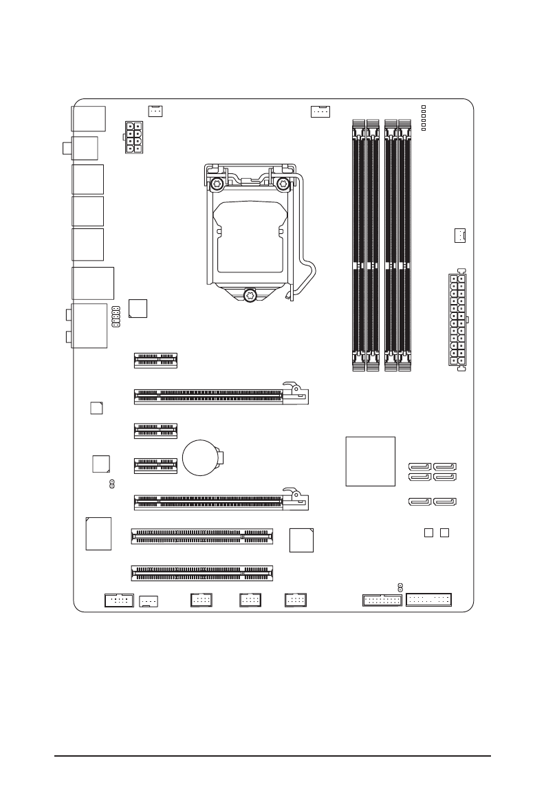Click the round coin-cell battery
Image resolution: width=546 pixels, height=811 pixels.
(x=201, y=457)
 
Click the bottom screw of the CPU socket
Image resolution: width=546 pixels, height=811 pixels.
(x=250, y=295)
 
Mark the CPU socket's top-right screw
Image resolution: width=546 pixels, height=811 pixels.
(x=283, y=184)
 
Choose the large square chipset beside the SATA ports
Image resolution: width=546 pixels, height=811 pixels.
(x=371, y=462)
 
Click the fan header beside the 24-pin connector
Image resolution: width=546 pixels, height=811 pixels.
(x=459, y=235)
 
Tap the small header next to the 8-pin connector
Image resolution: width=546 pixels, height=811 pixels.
(x=155, y=109)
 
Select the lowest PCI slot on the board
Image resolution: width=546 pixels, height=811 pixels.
(x=201, y=572)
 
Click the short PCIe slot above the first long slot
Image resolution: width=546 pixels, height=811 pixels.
(x=155, y=359)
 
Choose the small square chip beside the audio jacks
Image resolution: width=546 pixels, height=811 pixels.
(x=138, y=309)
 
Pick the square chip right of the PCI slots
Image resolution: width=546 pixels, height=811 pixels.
(x=302, y=540)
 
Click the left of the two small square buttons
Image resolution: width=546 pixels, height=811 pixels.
(x=428, y=533)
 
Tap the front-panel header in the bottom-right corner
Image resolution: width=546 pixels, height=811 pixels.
(x=429, y=600)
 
